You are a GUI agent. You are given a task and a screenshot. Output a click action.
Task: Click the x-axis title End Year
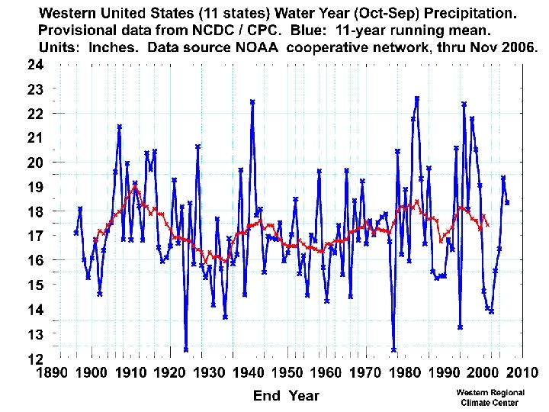pyautogui.click(x=286, y=395)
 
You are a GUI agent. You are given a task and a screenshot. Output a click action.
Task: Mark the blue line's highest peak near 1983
pyautogui.click(x=417, y=98)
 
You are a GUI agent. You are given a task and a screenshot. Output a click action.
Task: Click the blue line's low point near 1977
pyautogui.click(x=393, y=349)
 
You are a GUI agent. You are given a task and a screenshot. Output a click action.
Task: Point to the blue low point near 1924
pyautogui.click(x=186, y=349)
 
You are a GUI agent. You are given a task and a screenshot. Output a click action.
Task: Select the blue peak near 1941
pyautogui.click(x=252, y=101)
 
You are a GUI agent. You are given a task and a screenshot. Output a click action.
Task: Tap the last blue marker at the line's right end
pyautogui.click(x=507, y=202)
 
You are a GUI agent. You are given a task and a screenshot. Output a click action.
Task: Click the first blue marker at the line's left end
pyautogui.click(x=76, y=232)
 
